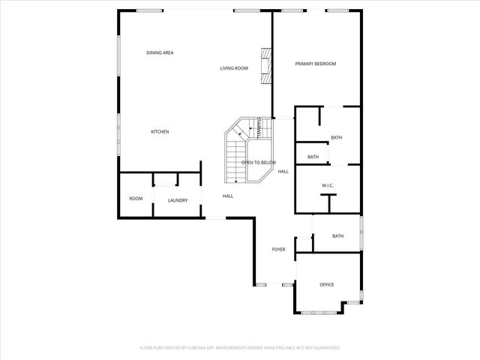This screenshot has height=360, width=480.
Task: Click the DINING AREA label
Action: (x=160, y=52)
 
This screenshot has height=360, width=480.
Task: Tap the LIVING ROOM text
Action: (x=233, y=68)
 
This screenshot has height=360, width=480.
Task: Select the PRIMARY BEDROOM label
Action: (x=316, y=64)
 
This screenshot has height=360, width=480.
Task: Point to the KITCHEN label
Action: (x=160, y=132)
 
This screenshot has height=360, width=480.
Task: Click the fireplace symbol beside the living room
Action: (x=265, y=67)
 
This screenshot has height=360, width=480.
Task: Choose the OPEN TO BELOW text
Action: (x=258, y=163)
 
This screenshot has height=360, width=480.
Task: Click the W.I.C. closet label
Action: (x=328, y=184)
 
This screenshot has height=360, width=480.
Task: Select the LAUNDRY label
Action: (x=178, y=200)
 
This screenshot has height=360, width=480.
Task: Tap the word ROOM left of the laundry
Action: (x=136, y=199)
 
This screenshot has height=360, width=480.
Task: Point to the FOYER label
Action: (x=278, y=249)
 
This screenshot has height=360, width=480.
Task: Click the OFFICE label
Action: (x=327, y=284)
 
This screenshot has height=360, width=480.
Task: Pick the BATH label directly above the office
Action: (x=337, y=236)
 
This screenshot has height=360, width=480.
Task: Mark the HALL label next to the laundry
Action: (x=227, y=196)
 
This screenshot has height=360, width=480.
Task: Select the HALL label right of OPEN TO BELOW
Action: (x=283, y=172)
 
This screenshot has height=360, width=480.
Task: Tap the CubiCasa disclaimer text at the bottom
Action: (x=240, y=348)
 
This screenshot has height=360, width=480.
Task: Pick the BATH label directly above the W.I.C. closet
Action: (x=313, y=157)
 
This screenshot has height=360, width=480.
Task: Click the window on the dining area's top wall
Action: (x=150, y=10)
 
